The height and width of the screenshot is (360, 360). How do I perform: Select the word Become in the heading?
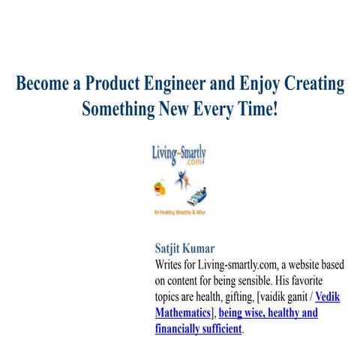tap(43, 83)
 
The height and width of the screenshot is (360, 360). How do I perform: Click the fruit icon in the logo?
tap(160, 186)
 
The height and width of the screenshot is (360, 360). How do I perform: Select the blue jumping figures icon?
tap(181, 181)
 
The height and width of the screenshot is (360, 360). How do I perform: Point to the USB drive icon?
tap(196, 196)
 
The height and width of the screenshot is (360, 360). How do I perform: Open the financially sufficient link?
tap(198, 328)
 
